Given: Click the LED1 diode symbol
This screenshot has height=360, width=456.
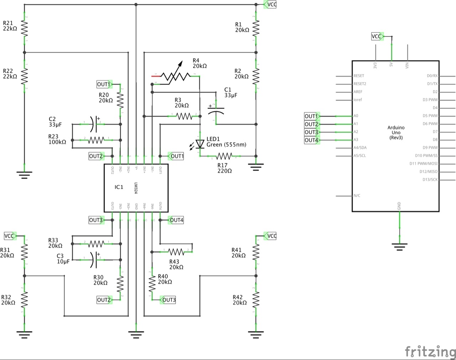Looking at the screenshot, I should coord(200,144).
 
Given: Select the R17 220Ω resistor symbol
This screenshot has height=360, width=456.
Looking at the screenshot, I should coord(224,156).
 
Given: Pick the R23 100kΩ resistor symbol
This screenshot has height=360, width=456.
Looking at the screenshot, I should coord(96,140).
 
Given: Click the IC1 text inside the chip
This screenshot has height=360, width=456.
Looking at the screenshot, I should coord(119,187).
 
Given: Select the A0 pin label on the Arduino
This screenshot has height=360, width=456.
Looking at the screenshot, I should coord(356,116).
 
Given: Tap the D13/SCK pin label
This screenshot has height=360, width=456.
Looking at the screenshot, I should coord(430,180).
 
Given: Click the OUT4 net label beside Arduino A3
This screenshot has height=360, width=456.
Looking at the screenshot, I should coord(311,140).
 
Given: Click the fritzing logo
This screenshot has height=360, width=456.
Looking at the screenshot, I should coord(430,351).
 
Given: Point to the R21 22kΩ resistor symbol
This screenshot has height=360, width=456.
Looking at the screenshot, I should coord(25,28).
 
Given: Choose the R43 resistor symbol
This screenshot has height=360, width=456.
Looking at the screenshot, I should coord(176,252).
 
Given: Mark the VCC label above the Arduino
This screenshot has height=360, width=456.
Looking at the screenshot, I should coord(377,36).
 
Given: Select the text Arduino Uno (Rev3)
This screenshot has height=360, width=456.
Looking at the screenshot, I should coord(396,132).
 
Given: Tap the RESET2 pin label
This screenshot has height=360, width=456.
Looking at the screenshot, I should coord(360,84).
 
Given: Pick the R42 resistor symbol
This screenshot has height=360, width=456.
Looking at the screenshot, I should coord(256,300).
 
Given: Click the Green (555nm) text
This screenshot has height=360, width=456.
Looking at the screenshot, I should coord(226,145).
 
